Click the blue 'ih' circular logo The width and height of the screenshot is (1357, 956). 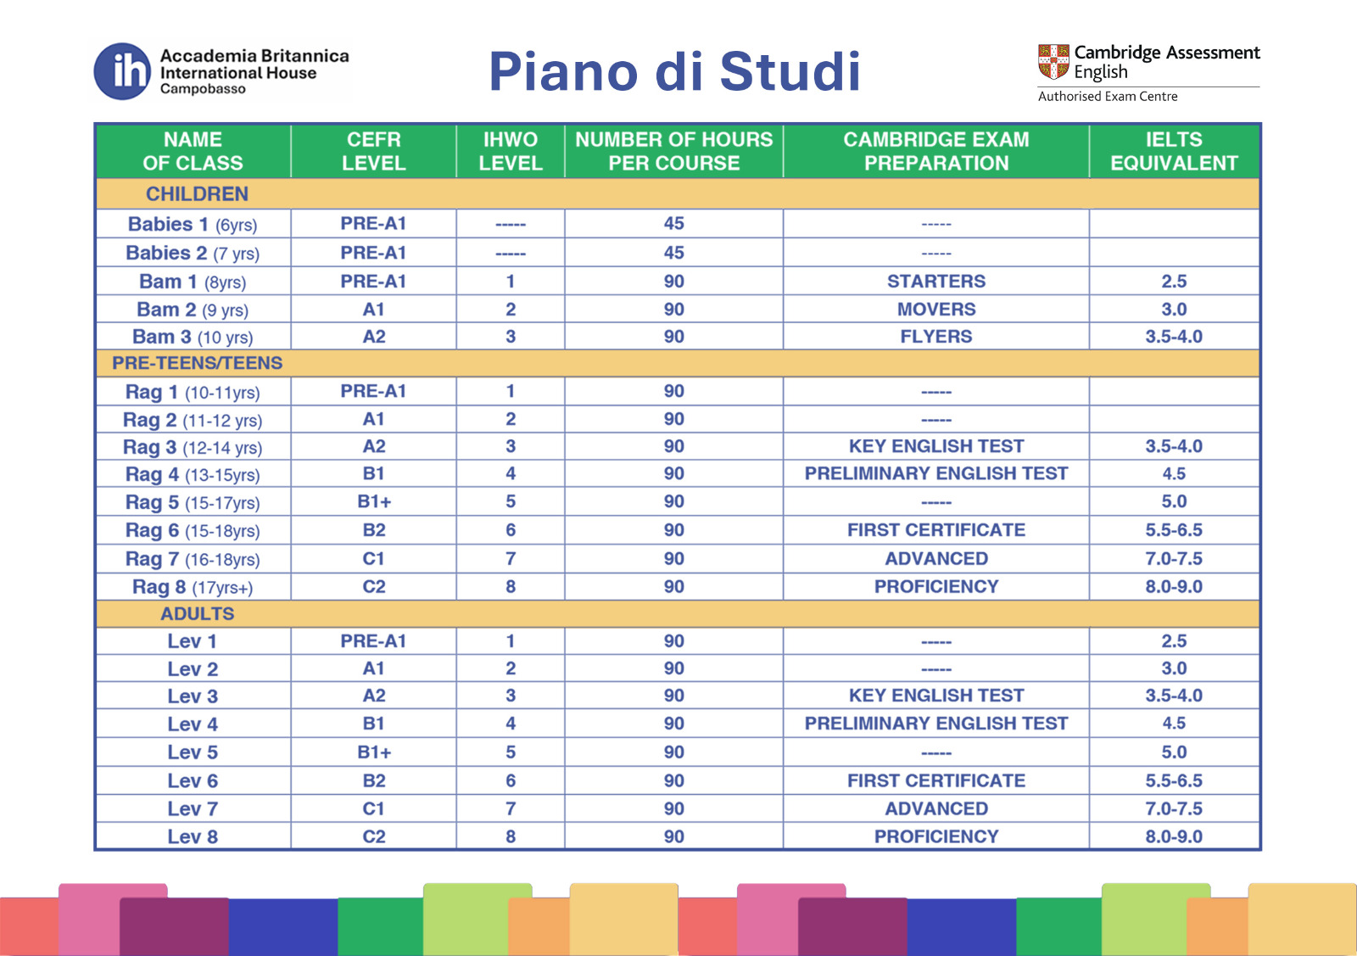click(x=122, y=71)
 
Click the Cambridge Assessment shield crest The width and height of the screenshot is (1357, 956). click(x=1053, y=61)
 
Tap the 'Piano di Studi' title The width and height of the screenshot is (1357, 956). click(x=674, y=71)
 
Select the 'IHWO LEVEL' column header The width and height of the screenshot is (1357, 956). click(x=510, y=151)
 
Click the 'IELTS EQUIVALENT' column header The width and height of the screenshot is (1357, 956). click(x=1174, y=151)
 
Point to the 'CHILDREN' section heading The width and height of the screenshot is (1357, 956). click(x=197, y=194)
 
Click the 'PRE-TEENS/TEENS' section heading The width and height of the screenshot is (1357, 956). click(x=197, y=363)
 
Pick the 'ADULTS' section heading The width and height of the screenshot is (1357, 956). click(x=197, y=613)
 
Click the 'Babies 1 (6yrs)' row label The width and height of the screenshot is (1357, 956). click(x=193, y=225)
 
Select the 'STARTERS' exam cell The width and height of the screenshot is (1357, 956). click(x=935, y=282)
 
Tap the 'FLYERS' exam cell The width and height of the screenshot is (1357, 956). click(x=935, y=337)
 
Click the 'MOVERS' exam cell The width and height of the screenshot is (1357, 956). click(x=935, y=310)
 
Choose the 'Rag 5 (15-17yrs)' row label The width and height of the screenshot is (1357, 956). click(x=193, y=502)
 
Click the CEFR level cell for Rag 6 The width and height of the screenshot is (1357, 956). click(x=373, y=530)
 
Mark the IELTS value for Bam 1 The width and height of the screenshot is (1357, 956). click(x=1174, y=282)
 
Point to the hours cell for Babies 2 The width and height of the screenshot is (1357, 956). click(x=673, y=253)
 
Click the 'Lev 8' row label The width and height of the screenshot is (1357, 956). click(x=193, y=836)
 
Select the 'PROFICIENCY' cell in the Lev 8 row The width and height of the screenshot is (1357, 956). click(x=935, y=836)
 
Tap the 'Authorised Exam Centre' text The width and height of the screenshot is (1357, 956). click(x=1107, y=97)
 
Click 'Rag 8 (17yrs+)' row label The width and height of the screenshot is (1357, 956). click(x=193, y=587)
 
